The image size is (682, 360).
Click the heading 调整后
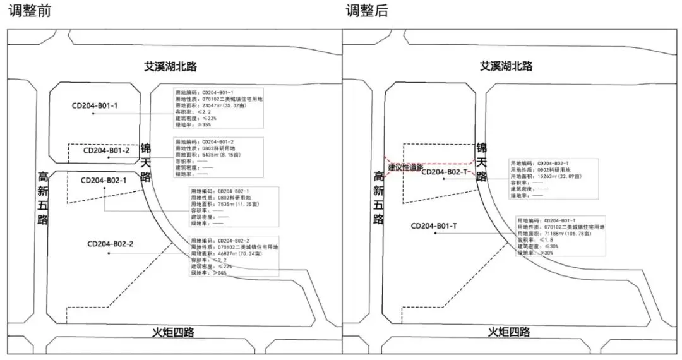point(366,11)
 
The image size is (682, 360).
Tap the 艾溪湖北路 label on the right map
point(506,66)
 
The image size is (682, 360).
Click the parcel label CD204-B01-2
point(107,150)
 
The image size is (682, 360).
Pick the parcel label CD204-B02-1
point(104,180)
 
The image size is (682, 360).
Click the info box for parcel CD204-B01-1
point(219,109)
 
